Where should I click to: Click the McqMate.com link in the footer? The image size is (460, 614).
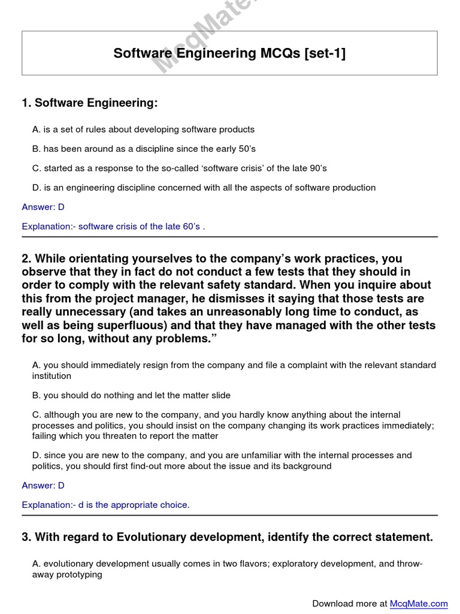[x=419, y=603]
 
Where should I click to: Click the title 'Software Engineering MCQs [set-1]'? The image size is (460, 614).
[x=229, y=53]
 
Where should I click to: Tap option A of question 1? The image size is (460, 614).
[x=143, y=130]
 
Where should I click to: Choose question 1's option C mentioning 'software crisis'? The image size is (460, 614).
[x=179, y=168]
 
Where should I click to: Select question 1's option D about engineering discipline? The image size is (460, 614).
[x=204, y=188]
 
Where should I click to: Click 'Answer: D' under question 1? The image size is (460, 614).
[x=43, y=207]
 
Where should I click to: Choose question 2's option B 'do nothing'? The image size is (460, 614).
[x=131, y=396]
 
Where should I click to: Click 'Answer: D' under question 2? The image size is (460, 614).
[x=43, y=485]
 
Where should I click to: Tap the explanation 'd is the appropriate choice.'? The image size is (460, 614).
[x=105, y=505]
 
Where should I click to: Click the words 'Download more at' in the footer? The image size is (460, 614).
[x=350, y=603]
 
